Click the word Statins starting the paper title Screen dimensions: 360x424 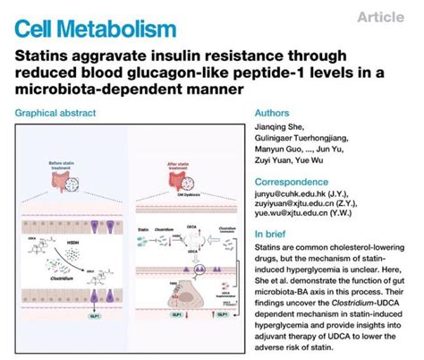[42, 56]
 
